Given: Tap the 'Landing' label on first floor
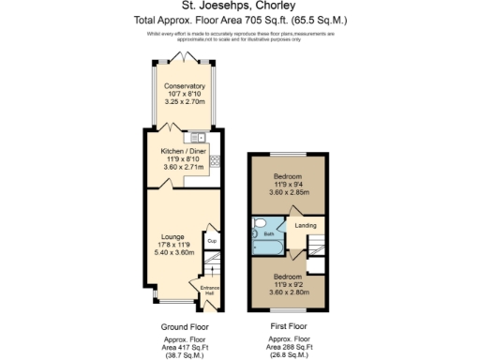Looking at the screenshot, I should coord(306,225).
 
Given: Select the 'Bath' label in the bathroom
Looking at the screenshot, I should coord(268,233).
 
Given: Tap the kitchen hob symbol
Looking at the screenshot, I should coord(217,159).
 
